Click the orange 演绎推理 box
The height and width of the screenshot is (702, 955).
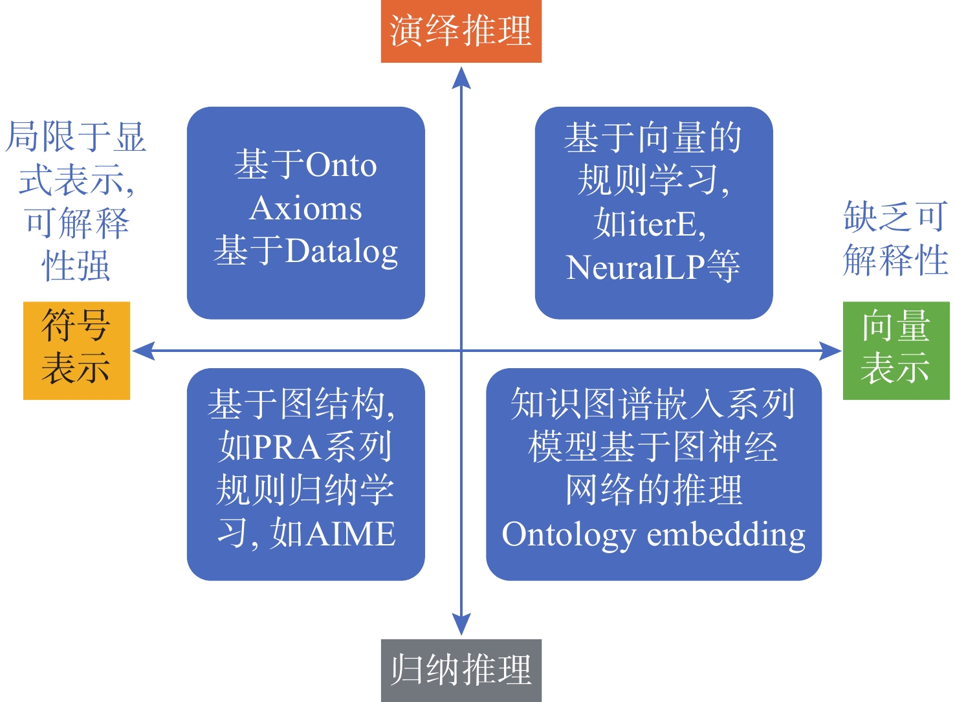tap(461, 31)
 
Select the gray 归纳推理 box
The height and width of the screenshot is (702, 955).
tap(461, 670)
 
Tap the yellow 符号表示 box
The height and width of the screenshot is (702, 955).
tap(76, 350)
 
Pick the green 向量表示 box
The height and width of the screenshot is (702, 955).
tap(895, 350)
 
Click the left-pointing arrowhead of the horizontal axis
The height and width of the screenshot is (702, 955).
tap(143, 351)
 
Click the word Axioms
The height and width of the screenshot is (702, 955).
tap(305, 208)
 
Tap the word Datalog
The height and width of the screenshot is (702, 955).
tap(342, 252)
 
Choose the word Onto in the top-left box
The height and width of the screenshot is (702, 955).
tap(341, 165)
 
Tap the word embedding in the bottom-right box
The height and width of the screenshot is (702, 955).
tap(726, 535)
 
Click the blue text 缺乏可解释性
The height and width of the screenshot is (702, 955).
tap(895, 238)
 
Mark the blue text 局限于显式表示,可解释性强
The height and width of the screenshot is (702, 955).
tap(76, 201)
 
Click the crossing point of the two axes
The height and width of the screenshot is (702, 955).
tap(461, 351)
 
